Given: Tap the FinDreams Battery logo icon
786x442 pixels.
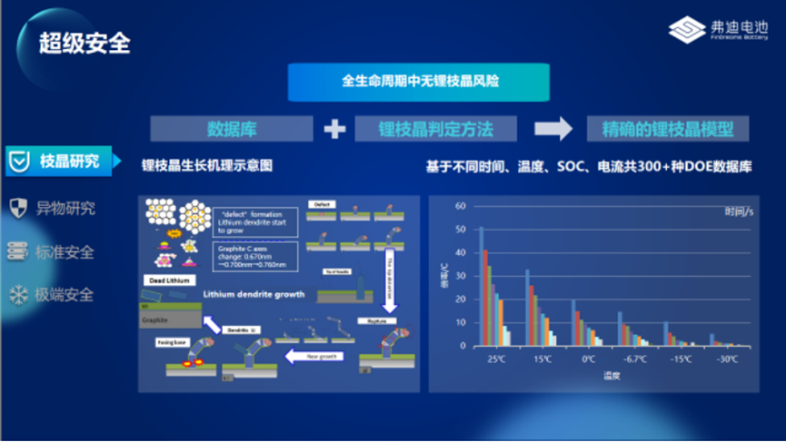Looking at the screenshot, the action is click(687, 31).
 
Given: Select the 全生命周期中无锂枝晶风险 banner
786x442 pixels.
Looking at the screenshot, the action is click(419, 82).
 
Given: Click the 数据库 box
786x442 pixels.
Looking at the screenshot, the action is click(232, 129).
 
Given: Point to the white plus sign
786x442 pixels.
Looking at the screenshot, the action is click(334, 130).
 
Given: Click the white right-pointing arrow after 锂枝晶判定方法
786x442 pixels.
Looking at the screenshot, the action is click(552, 129).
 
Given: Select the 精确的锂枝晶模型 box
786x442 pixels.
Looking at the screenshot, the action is click(668, 129).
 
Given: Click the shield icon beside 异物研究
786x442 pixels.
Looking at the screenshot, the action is click(17, 208).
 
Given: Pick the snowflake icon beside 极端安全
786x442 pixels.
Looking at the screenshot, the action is click(17, 295).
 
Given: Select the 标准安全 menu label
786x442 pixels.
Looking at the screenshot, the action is click(65, 251).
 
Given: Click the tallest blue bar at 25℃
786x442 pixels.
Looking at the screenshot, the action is click(482, 286).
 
